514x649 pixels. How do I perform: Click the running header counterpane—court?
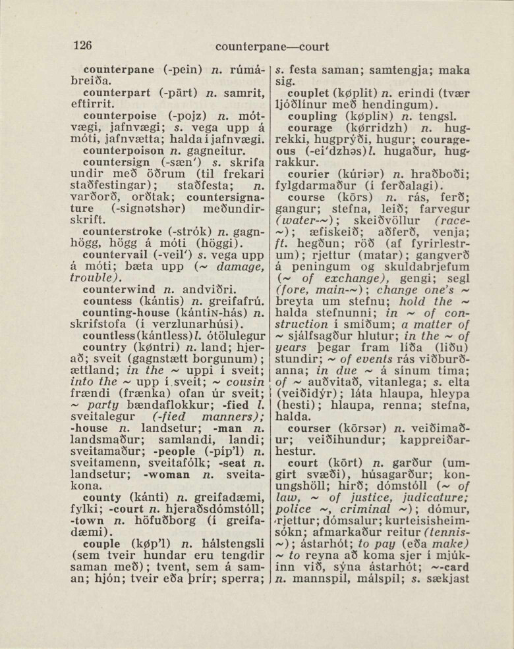(271, 47)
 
